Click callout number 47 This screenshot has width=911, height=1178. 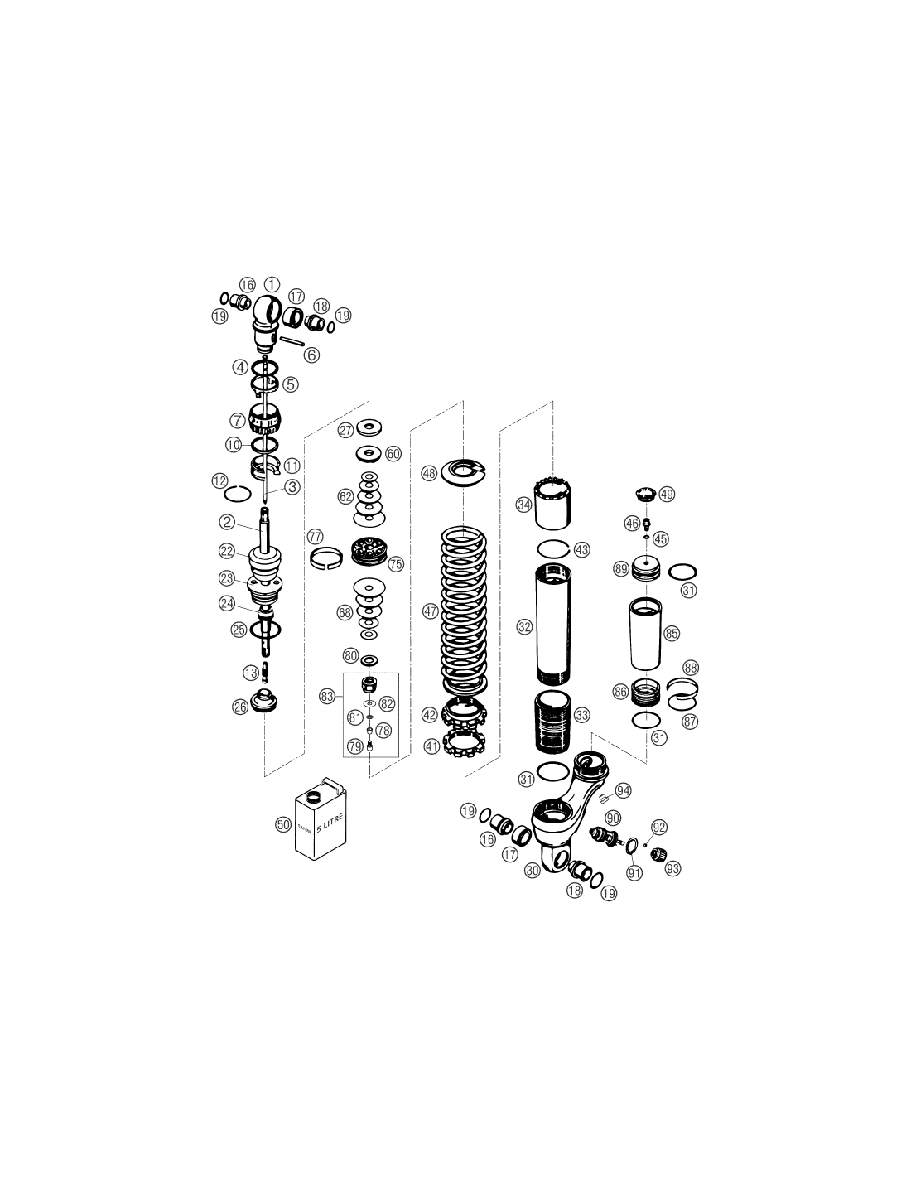pyautogui.click(x=431, y=611)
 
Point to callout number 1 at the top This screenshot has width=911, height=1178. pyautogui.click(x=272, y=285)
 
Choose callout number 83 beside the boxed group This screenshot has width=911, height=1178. pyautogui.click(x=327, y=697)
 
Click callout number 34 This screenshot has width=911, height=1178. pyautogui.click(x=523, y=505)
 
